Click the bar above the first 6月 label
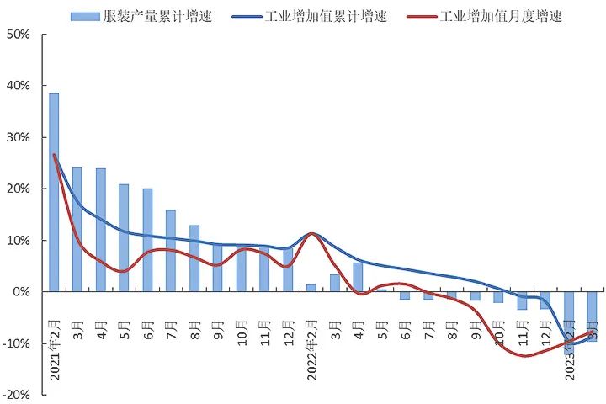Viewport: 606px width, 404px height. [147, 240]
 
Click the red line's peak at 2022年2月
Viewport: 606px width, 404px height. [312, 234]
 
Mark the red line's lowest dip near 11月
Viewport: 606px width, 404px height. [526, 355]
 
